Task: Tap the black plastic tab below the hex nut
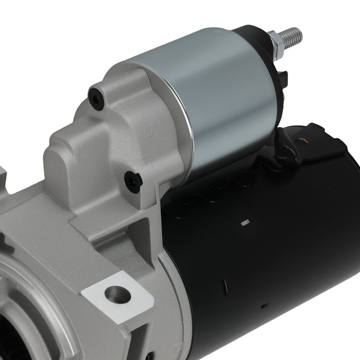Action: (x=285, y=77)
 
